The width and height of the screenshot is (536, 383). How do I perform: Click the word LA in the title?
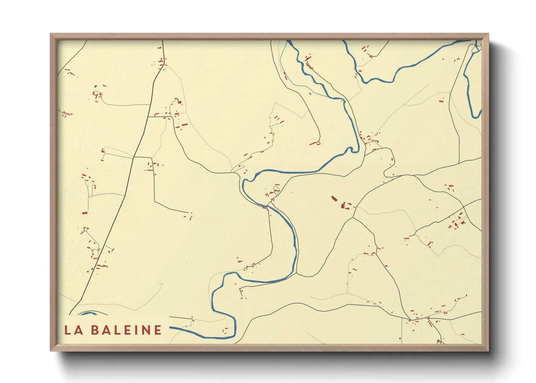point(73,330)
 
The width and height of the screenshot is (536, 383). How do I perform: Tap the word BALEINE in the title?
point(126,330)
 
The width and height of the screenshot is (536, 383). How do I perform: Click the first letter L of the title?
point(68,330)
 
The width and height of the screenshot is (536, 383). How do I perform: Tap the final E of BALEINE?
point(158,330)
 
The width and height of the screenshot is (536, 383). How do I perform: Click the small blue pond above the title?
point(88,313)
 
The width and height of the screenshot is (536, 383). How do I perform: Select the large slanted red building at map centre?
point(334,198)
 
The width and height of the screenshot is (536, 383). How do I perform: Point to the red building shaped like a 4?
point(96,95)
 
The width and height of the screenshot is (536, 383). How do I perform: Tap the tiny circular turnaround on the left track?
point(85,229)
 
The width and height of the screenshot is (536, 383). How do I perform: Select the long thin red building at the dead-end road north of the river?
point(313,144)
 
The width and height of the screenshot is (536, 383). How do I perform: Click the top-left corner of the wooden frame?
point(51,34)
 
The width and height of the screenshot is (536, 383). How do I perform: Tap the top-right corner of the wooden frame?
point(488,34)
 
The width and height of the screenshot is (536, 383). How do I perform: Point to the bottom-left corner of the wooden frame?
point(51,350)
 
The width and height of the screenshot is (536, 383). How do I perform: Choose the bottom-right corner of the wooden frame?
point(488,350)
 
